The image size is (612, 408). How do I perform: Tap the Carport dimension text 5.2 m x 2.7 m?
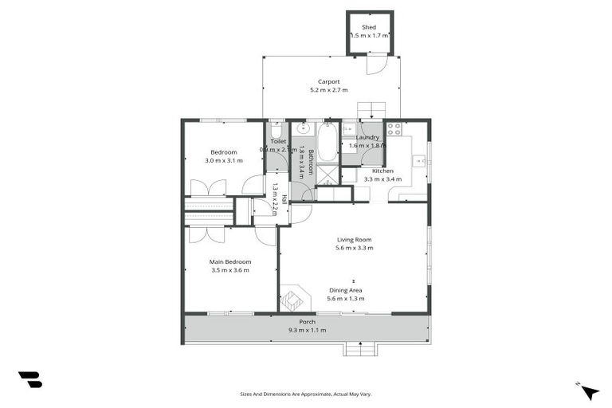pos(329,90)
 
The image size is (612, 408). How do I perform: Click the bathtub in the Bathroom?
pos(328,143)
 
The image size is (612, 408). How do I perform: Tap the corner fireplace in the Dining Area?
pos(293,300)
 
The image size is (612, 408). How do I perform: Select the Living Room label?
pos(354,239)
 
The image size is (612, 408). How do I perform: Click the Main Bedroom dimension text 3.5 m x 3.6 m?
pos(230,270)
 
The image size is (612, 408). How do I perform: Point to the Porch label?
pos(307,322)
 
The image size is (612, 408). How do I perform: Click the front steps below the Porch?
pos(360,349)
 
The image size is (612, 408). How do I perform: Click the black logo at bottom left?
pos(29,380)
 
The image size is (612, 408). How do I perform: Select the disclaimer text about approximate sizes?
pos(306,394)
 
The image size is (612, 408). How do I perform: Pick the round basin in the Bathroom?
pos(303,127)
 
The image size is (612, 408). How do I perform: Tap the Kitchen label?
pos(382,171)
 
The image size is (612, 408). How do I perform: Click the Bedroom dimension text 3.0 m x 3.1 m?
pos(224,160)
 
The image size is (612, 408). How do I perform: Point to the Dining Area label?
pos(345,290)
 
